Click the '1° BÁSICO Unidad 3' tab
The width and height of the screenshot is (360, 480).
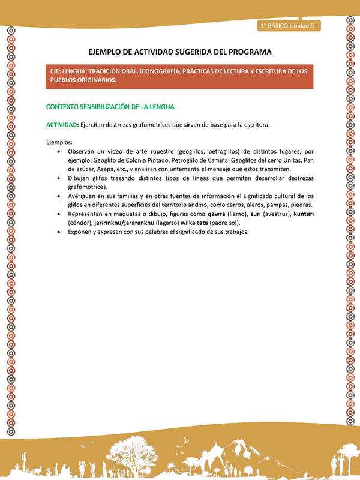coord(289,26)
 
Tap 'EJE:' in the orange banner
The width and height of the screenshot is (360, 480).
coord(58,71)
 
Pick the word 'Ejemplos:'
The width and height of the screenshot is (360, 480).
coord(59,142)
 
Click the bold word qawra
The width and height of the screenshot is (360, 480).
coord(217,214)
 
